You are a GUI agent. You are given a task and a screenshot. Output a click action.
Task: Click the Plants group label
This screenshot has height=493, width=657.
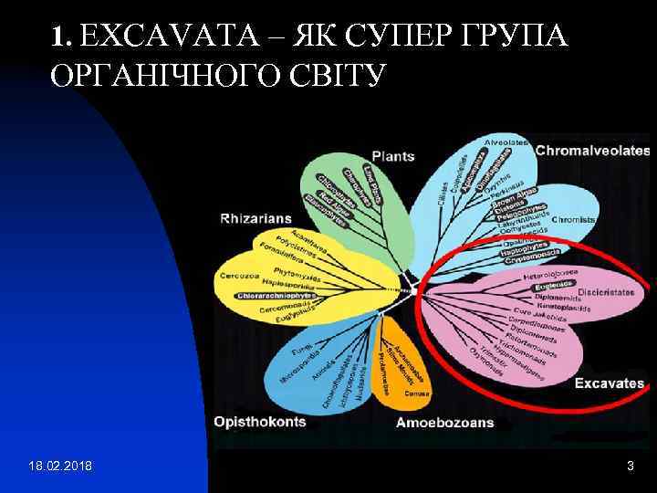click(392, 156)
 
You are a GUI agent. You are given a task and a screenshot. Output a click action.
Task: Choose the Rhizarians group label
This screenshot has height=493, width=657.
click(255, 218)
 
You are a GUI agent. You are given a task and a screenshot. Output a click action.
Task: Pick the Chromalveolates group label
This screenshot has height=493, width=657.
click(591, 150)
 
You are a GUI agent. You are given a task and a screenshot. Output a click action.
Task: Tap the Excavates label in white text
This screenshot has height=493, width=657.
click(609, 383)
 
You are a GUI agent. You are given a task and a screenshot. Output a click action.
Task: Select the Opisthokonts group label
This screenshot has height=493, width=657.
click(261, 422)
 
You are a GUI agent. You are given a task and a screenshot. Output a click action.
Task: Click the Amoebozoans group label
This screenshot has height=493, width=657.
click(444, 423)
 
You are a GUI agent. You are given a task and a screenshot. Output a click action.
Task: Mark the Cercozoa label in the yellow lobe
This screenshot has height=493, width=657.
click(239, 277)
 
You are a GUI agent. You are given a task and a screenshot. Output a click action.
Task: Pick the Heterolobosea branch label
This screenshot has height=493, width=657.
click(550, 273)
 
